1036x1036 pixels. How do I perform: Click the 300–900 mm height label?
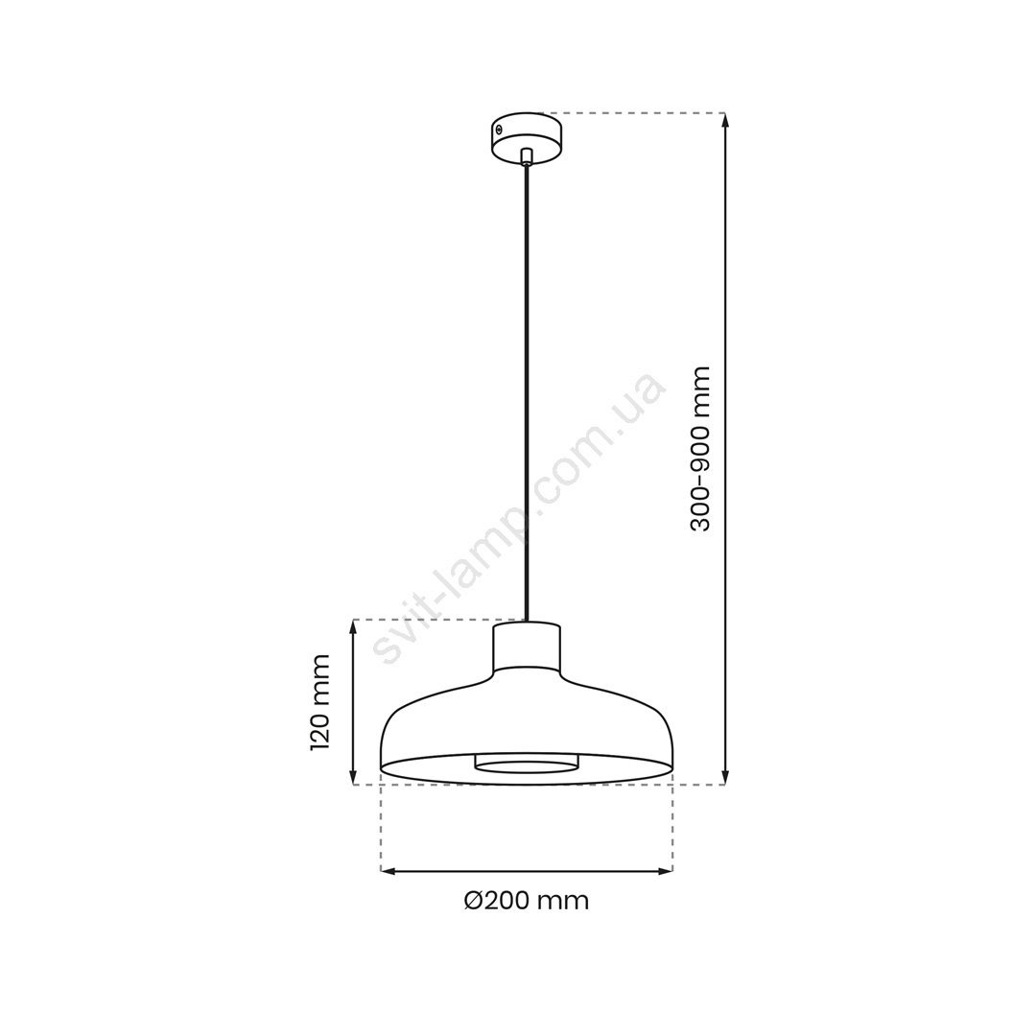[x=699, y=449]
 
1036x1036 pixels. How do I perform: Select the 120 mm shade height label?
[x=320, y=702]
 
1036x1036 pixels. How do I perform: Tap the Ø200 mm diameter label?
[x=526, y=901]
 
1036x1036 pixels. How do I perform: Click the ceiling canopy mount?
[x=528, y=136]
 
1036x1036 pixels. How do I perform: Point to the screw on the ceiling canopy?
[x=500, y=129]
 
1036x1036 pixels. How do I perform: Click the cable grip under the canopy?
[x=526, y=156]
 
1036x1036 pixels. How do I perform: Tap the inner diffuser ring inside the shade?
[x=526, y=764]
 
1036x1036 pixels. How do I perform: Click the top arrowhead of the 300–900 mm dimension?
[x=725, y=120]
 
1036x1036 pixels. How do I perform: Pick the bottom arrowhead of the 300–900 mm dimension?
[x=725, y=778]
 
